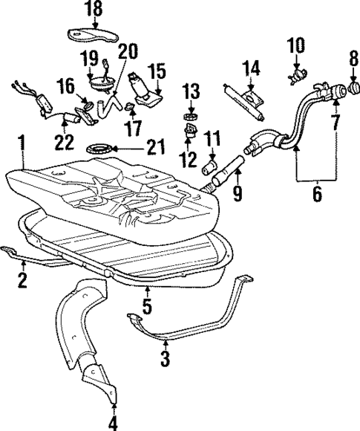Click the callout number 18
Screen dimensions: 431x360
coord(94,10)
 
